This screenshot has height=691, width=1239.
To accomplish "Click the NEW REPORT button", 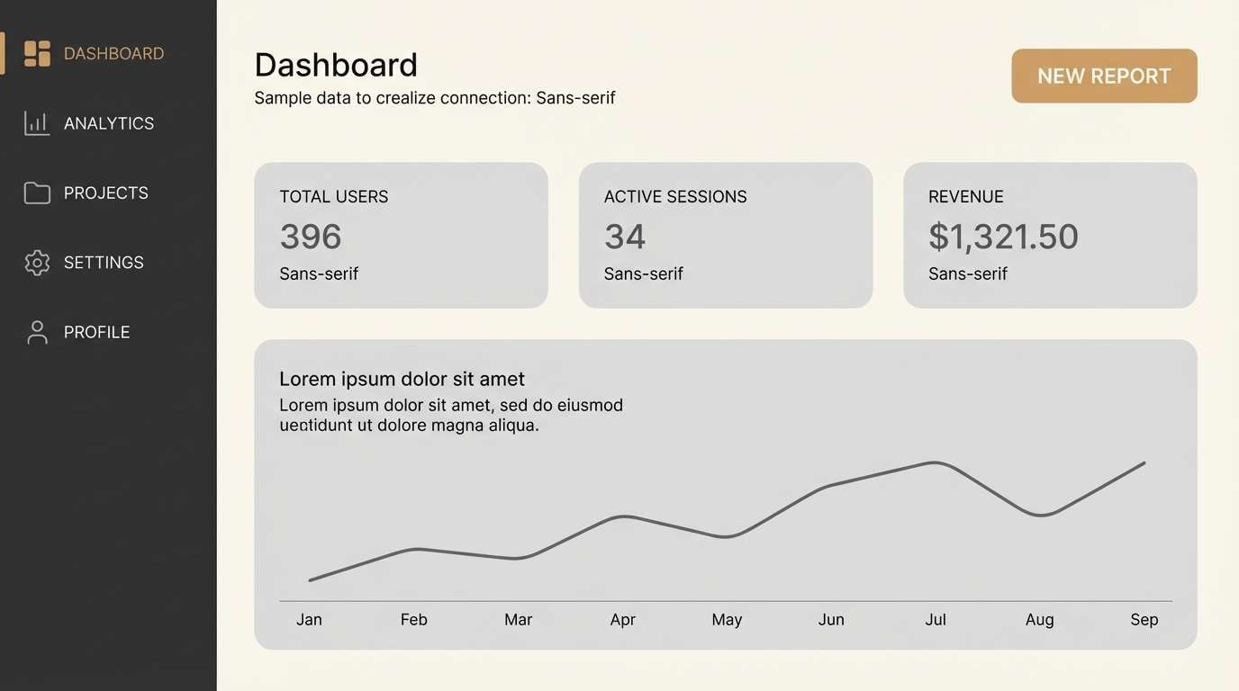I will pyautogui.click(x=1104, y=76).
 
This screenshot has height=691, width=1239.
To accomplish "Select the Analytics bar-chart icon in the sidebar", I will pyautogui.click(x=37, y=123).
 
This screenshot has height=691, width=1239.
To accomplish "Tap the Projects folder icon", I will pyautogui.click(x=37, y=193).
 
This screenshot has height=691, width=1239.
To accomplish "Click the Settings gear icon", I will pyautogui.click(x=37, y=263).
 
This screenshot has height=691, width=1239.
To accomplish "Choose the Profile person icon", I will pyautogui.click(x=37, y=332).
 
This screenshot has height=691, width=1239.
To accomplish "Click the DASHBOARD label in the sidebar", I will pyautogui.click(x=113, y=54).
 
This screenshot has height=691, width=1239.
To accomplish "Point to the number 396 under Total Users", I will pyautogui.click(x=311, y=237).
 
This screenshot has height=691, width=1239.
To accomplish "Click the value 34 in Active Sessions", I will pyautogui.click(x=625, y=237).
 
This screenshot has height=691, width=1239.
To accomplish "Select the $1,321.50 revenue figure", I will pyautogui.click(x=1003, y=237).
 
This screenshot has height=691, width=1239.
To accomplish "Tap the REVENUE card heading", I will pyautogui.click(x=965, y=196).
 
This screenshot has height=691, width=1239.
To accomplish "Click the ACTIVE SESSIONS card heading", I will pyautogui.click(x=675, y=196).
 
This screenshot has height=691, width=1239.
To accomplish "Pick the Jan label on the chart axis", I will pyautogui.click(x=309, y=619).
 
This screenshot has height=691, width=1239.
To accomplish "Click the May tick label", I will pyautogui.click(x=727, y=619).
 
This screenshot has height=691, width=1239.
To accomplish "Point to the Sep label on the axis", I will pyautogui.click(x=1144, y=619).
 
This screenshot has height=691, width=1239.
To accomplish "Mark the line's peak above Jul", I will pyautogui.click(x=936, y=462).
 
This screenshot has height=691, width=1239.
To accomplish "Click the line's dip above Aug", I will pyautogui.click(x=1041, y=515).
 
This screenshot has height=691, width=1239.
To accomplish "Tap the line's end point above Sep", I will pyautogui.click(x=1144, y=463).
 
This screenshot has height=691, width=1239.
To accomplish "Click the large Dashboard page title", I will pyautogui.click(x=336, y=65).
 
